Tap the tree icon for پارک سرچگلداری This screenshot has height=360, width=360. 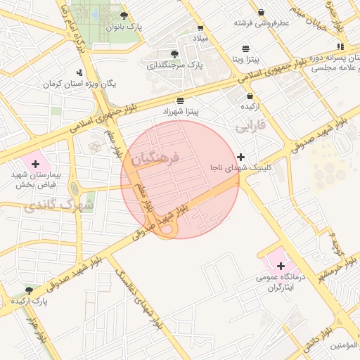[x=174, y=53]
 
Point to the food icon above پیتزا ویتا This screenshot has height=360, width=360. [x=245, y=49]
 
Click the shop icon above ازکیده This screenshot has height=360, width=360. [x=250, y=96]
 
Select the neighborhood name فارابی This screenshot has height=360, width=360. [x=250, y=127]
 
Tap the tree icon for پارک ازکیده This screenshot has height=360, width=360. [x=29, y=290]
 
